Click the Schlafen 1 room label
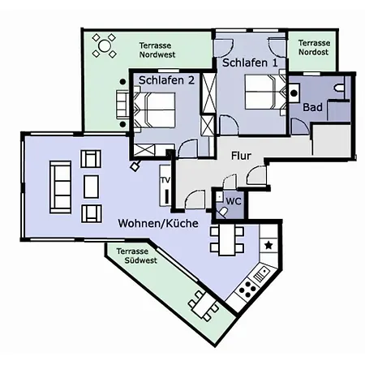[250, 62]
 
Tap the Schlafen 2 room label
[166, 80]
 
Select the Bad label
[312, 107]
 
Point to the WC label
[234, 201]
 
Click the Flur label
[241, 156]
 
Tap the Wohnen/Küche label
[158, 223]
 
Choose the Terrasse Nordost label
[314, 47]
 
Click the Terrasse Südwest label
[136, 255]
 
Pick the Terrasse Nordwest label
[157, 50]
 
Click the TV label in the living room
[165, 180]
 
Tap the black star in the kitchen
[268, 246]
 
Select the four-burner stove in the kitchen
[247, 290]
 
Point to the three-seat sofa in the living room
[61, 187]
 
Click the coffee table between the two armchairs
[91, 187]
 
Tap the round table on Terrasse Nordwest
[105, 45]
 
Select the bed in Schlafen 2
[154, 110]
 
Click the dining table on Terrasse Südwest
[204, 306]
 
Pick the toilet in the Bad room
[339, 88]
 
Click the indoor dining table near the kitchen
[227, 240]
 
